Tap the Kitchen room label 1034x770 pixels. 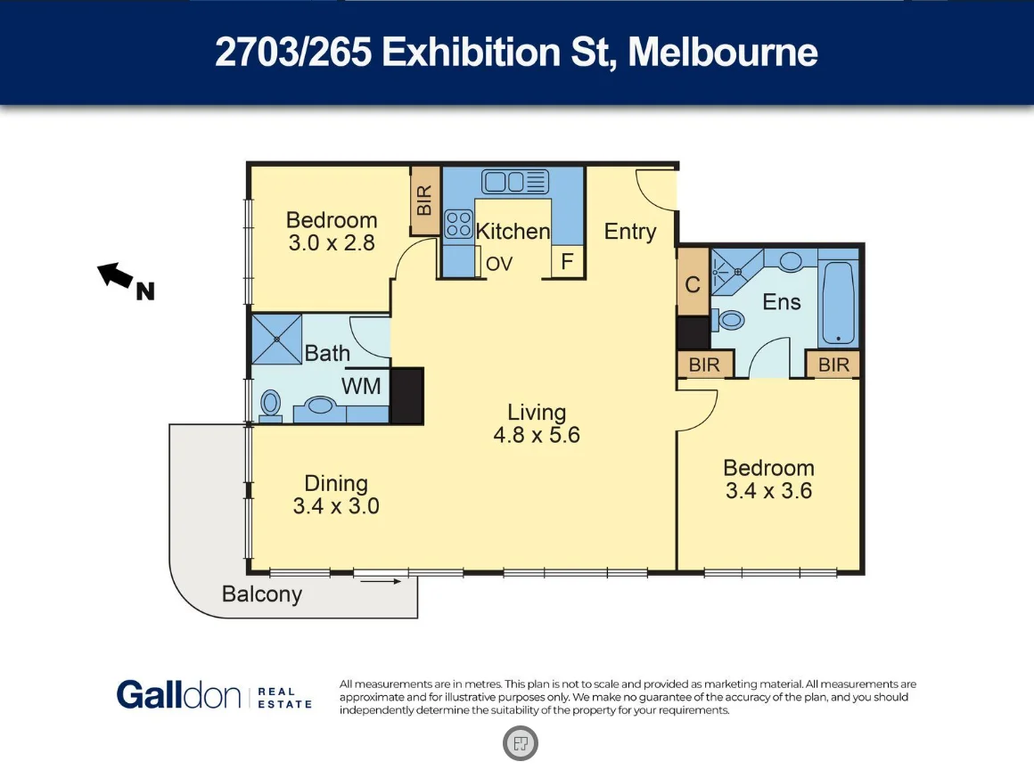[x=513, y=232]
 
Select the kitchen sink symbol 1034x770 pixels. [x=515, y=182]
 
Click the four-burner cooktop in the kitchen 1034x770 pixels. [x=458, y=223]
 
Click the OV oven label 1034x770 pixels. [x=499, y=264]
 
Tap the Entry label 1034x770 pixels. [x=629, y=232]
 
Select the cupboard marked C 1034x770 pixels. [x=693, y=284]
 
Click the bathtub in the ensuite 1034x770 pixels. [x=838, y=303]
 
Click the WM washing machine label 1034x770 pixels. [x=362, y=386]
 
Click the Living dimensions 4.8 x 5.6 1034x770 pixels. [x=537, y=436]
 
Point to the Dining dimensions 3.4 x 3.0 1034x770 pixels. [x=336, y=506]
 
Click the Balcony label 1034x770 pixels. [x=262, y=594]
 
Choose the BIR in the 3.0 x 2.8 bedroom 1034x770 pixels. [x=424, y=201]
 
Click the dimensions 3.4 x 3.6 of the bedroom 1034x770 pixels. [x=768, y=490]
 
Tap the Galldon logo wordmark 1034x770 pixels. [x=179, y=695]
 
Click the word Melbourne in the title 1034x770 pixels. [x=723, y=53]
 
